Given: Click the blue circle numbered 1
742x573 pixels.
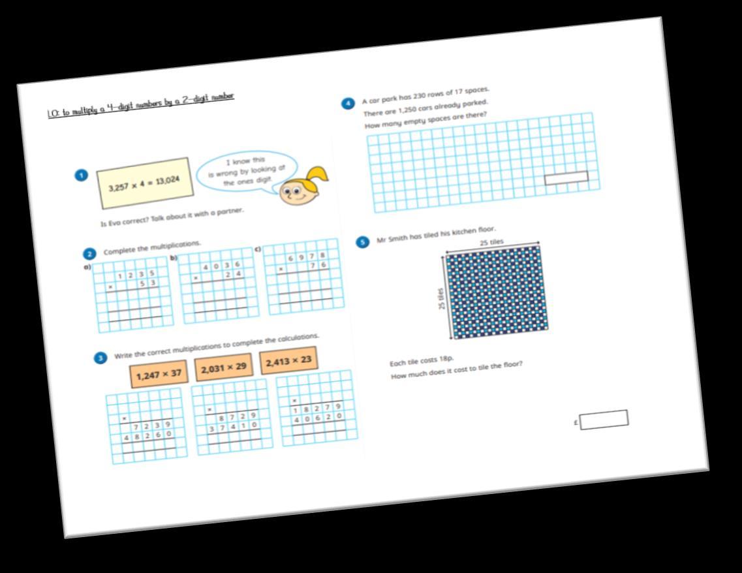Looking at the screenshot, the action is [x=81, y=175].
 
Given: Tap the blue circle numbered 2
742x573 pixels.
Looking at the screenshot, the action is [x=90, y=254].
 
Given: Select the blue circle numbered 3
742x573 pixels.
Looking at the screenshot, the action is [x=100, y=358].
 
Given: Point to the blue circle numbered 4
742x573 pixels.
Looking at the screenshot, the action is [x=348, y=104].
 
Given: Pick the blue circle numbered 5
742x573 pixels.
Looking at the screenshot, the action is [x=362, y=242].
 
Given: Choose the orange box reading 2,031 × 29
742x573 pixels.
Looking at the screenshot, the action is [x=223, y=367].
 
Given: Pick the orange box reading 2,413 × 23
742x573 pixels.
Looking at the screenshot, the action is [x=288, y=360].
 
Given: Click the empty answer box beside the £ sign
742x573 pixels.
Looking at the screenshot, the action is [x=604, y=419].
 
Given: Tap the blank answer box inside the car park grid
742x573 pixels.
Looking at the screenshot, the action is [x=566, y=177].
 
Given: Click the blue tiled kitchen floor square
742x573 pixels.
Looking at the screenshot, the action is [x=496, y=292].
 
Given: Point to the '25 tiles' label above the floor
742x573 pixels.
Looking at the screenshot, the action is [x=491, y=243].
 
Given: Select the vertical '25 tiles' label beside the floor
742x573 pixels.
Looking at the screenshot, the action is [x=442, y=298].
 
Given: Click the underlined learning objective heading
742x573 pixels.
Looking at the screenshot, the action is [x=140, y=104].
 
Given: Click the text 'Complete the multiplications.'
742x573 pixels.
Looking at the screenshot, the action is [x=152, y=247].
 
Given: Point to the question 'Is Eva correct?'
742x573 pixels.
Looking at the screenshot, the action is [x=172, y=217].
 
